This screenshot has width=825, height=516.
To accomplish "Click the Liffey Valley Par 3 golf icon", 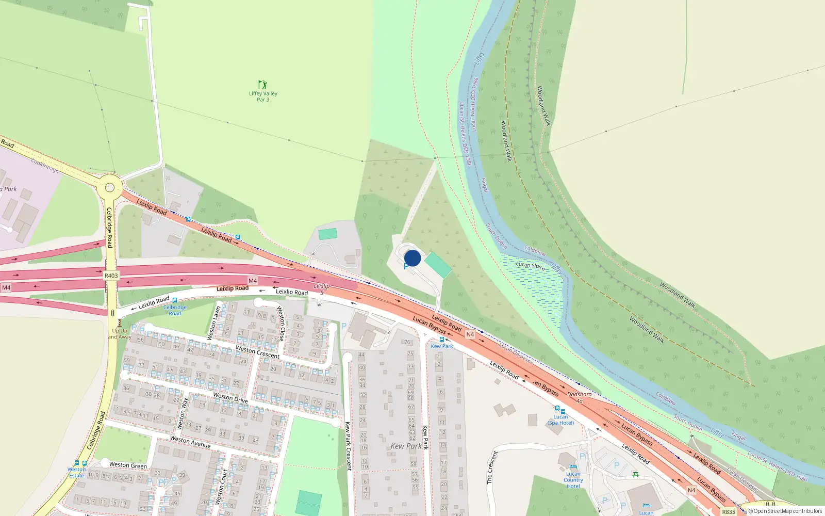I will [x=262, y=84].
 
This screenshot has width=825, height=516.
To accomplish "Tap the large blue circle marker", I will [x=412, y=258].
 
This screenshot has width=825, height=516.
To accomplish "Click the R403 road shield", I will [x=111, y=276].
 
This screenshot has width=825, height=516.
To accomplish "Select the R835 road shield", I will [x=729, y=512].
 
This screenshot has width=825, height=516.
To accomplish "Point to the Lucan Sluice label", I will [x=530, y=266].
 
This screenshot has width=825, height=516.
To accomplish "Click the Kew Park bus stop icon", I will [x=441, y=340].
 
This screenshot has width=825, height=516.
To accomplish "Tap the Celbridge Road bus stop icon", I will [x=175, y=300].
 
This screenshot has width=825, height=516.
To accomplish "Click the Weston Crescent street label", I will [x=257, y=352].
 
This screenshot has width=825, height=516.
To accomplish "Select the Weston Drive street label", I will [x=230, y=397].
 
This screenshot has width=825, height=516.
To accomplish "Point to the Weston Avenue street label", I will [x=190, y=442].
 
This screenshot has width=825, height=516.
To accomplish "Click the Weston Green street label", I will [x=128, y=465].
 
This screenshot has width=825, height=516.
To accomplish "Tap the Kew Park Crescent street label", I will [x=348, y=446].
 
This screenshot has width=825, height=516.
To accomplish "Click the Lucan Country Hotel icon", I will [x=573, y=467].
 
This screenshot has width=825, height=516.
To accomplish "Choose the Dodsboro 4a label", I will [x=579, y=397].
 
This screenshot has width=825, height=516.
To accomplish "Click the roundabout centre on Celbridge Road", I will [x=109, y=188].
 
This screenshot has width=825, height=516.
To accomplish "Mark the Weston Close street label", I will [x=280, y=324].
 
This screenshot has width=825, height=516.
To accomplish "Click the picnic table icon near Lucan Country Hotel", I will [x=636, y=474].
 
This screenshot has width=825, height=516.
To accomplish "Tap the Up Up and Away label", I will [x=120, y=334].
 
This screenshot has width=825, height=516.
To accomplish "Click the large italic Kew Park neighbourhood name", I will [x=406, y=446].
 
